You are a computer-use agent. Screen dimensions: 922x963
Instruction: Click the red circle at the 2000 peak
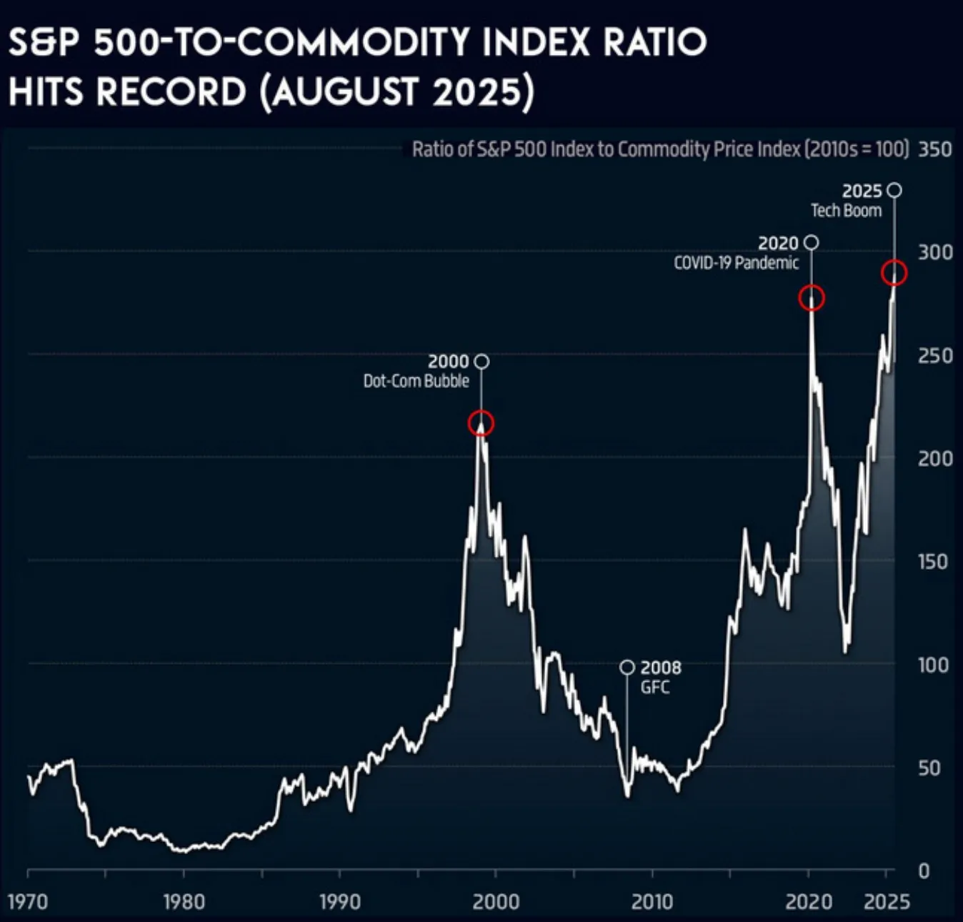point(481,423)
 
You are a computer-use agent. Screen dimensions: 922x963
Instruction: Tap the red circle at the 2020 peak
point(812,298)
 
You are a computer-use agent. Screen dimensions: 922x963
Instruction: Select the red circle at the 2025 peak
point(894,273)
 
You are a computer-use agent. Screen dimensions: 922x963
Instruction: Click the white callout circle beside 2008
point(627,667)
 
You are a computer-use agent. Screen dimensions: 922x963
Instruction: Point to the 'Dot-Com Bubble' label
point(416,381)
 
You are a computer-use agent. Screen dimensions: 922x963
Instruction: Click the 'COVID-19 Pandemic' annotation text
point(736,263)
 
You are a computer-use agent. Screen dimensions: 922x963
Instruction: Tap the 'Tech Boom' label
point(846,211)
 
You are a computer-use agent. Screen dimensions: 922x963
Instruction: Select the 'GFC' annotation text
point(655,688)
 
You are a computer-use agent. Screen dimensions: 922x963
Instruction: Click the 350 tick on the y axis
point(935,149)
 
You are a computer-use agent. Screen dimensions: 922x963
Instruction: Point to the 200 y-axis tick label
point(935,458)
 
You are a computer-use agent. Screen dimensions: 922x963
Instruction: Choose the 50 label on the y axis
point(929,768)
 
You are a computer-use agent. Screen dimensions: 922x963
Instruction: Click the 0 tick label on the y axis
point(924,871)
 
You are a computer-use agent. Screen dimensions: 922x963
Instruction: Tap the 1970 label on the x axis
point(28,901)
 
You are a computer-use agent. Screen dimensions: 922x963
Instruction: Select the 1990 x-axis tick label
point(339,901)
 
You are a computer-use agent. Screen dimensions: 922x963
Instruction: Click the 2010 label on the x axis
point(652,901)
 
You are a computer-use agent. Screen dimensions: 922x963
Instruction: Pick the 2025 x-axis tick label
point(887,901)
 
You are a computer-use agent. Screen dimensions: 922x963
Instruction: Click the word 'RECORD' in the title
point(171,92)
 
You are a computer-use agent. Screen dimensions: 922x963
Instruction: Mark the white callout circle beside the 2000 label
point(481,362)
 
